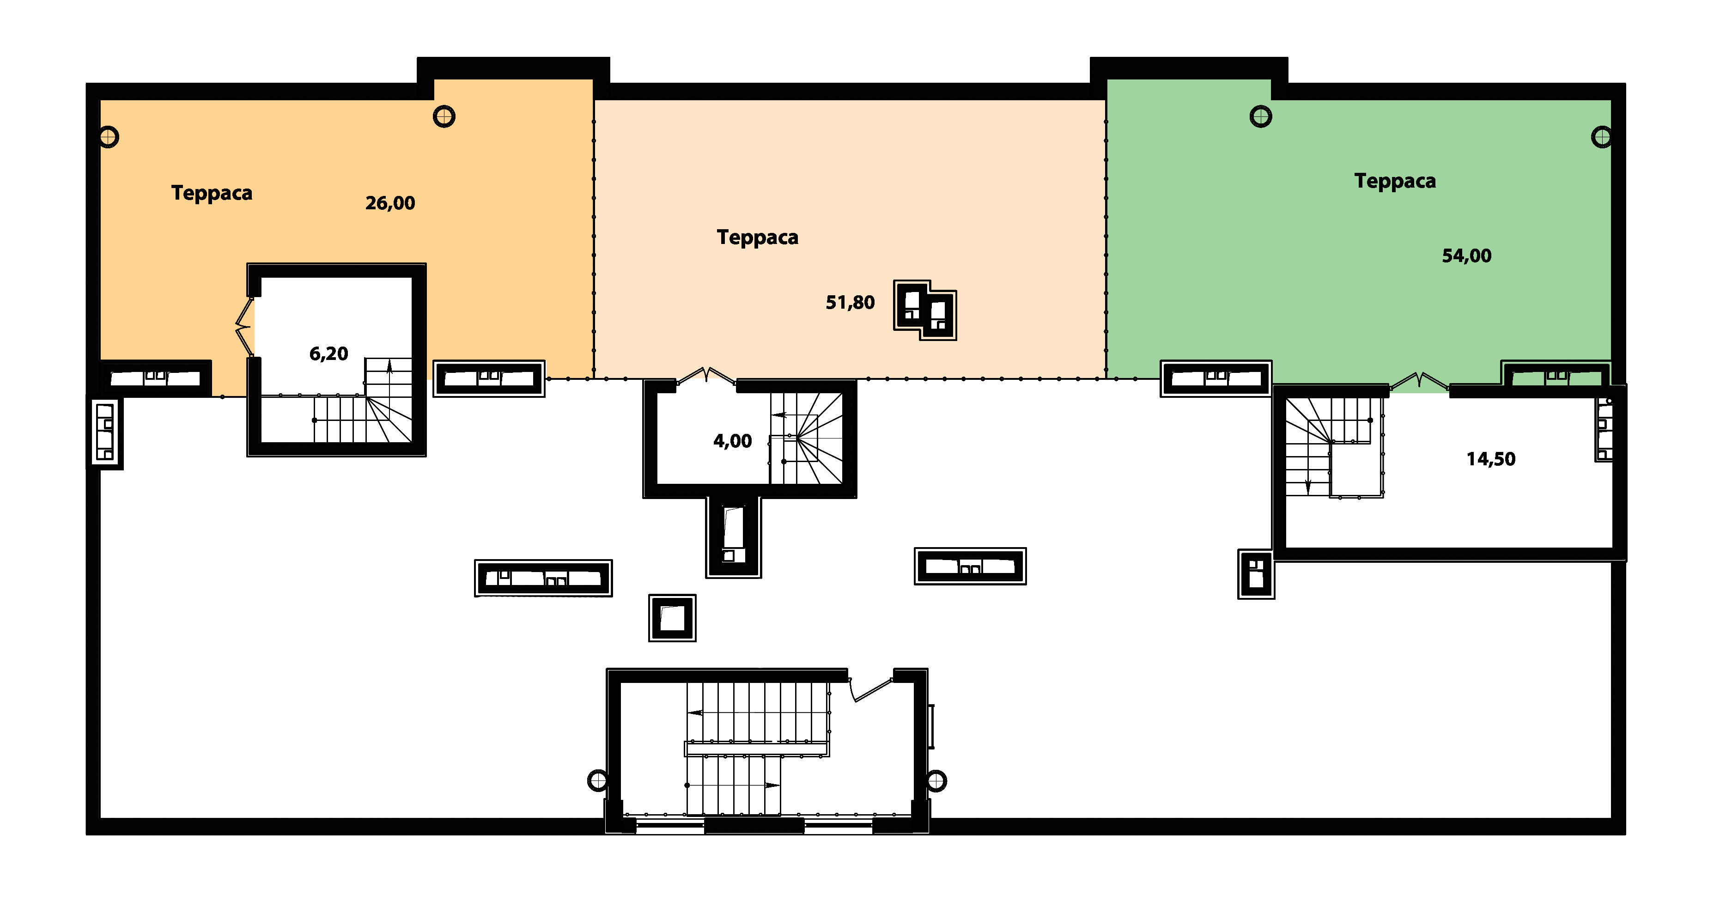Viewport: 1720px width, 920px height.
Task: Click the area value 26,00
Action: (x=390, y=203)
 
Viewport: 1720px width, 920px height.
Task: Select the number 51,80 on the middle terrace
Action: (x=850, y=303)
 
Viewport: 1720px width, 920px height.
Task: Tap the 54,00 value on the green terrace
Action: (x=1466, y=256)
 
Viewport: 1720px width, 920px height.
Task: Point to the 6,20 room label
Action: (x=328, y=354)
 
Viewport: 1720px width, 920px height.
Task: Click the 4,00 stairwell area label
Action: (x=732, y=441)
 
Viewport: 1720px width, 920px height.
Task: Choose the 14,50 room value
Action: (x=1490, y=459)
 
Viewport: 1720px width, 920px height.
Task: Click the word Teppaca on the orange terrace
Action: (x=212, y=194)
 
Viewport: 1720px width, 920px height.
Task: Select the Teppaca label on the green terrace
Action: (x=1395, y=182)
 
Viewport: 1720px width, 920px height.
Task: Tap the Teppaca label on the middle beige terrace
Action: (x=757, y=238)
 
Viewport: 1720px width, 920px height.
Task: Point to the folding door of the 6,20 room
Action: (x=244, y=327)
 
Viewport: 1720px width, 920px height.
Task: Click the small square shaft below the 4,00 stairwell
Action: (x=672, y=618)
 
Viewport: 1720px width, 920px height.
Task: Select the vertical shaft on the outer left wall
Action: (x=105, y=433)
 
